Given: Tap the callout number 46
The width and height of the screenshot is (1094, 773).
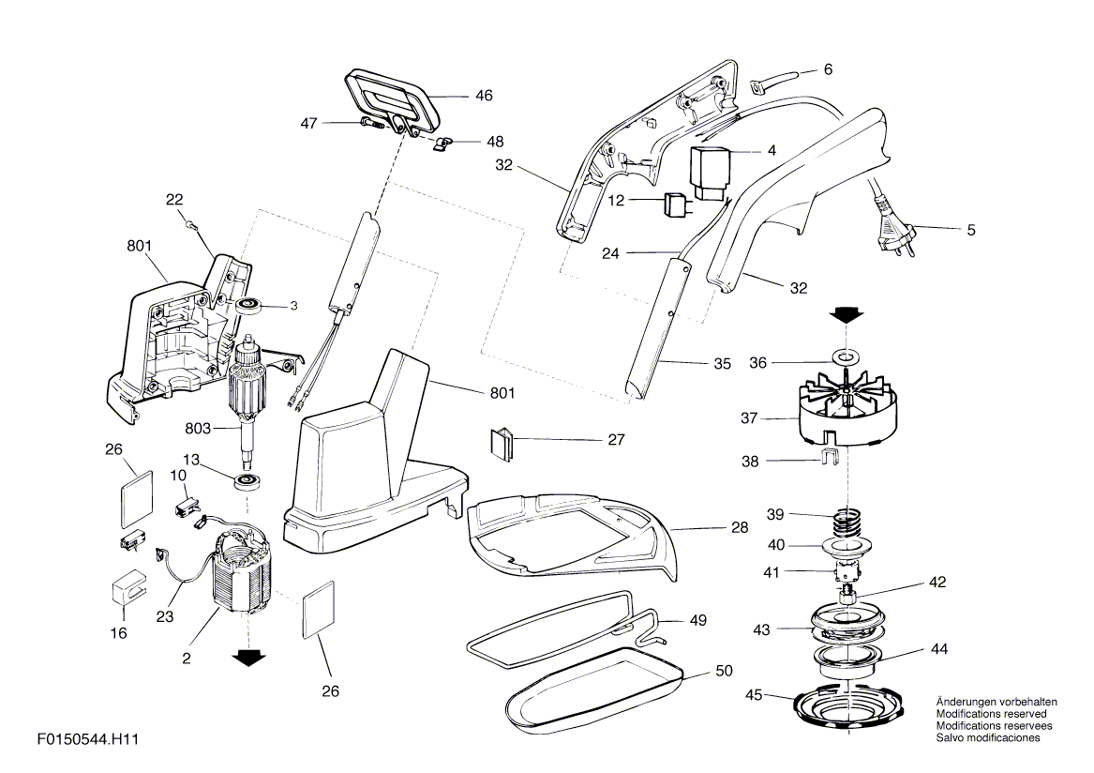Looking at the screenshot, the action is pos(484,96).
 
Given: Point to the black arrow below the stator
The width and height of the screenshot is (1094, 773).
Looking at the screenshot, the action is pos(249,657).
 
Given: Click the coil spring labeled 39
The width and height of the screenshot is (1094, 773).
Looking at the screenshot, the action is pos(847,523).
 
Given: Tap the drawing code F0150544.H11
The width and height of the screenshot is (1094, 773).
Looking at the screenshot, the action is pos(88,738).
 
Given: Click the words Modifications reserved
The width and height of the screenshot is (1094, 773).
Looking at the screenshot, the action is pos(992,714).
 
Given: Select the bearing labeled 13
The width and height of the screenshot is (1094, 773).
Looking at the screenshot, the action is pos(247,481).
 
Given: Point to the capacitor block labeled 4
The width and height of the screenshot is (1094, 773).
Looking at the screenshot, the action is pos(709,172).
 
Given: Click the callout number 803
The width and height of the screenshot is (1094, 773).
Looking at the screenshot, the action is pos(198,428).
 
